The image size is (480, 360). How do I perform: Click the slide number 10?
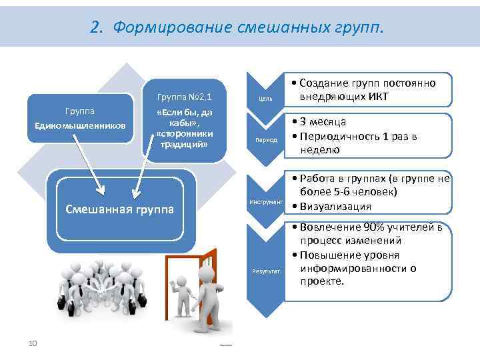pyautogui.click(x=32, y=343)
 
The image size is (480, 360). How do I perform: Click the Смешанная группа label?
pyautogui.click(x=120, y=209)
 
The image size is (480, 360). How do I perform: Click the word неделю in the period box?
pyautogui.click(x=319, y=150)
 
